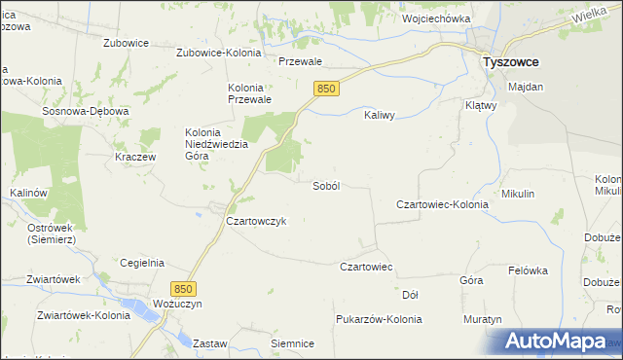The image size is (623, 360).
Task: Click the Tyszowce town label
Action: (x=512, y=61)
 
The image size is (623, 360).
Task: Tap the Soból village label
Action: (x=325, y=186)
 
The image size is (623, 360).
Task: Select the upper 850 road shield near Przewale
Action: (x=326, y=89)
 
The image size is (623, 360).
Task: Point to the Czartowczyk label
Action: (x=255, y=221)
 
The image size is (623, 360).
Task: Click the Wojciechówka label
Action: (x=436, y=18)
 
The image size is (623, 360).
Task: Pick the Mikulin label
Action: (x=518, y=194)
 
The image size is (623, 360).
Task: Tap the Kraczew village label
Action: (x=136, y=157)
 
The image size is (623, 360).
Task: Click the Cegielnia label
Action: (x=142, y=263)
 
